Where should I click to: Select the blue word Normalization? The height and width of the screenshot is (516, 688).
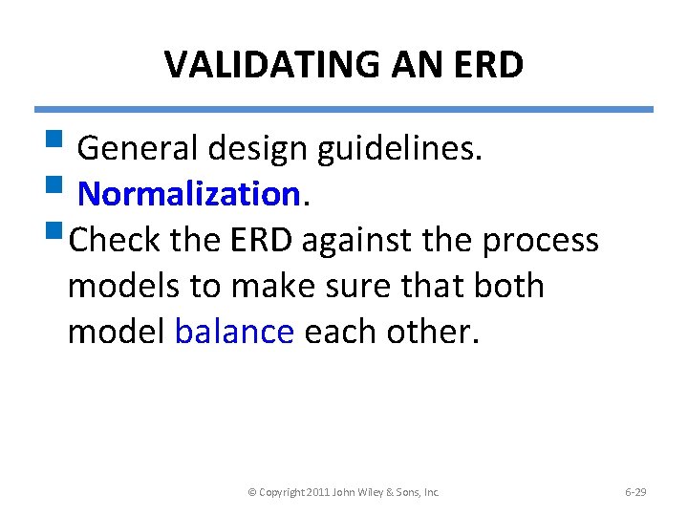[x=188, y=194]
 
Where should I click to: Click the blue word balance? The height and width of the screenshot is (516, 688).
[x=234, y=331]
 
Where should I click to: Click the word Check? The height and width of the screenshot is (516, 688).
[x=115, y=240]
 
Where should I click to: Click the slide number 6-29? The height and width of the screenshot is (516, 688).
[x=635, y=492]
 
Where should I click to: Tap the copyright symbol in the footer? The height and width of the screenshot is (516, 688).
[x=251, y=492]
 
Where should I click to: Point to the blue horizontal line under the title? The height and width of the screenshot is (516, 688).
[x=344, y=109]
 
